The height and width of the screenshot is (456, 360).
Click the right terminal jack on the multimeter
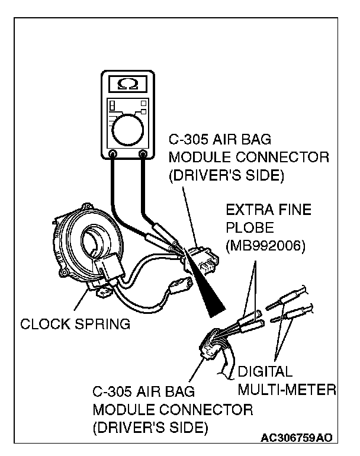click(143, 155)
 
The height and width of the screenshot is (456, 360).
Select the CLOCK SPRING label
click(75, 324)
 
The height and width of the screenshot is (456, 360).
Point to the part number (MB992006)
click(265, 245)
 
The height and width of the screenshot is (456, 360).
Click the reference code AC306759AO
click(296, 438)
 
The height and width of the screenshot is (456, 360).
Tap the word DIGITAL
click(265, 372)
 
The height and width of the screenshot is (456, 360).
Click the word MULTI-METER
click(287, 389)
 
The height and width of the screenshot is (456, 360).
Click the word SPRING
click(105, 324)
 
